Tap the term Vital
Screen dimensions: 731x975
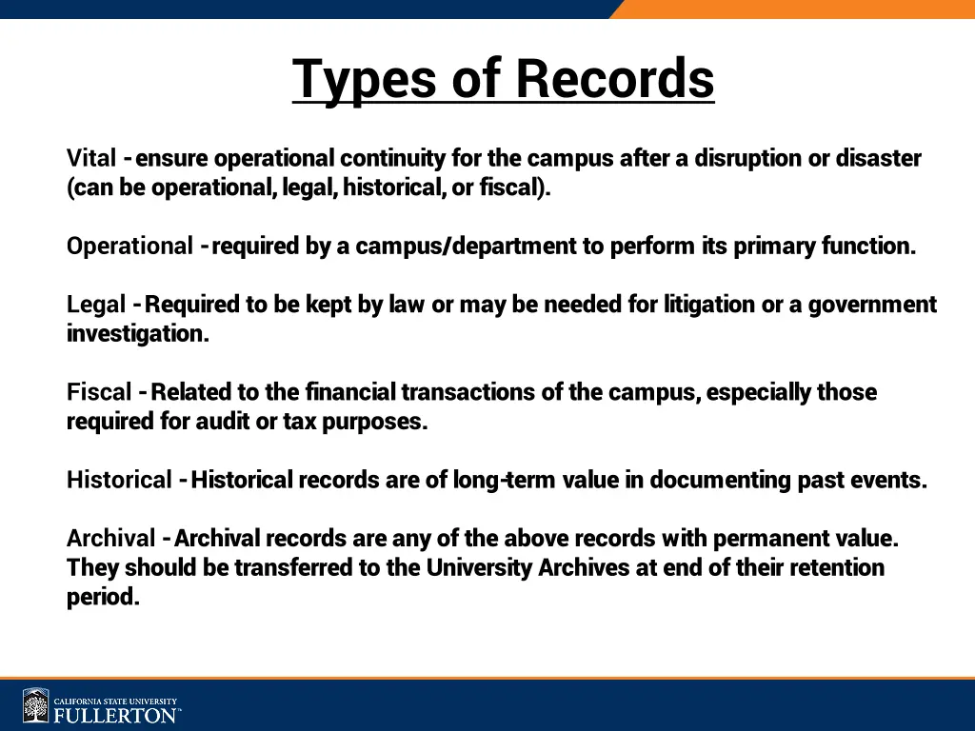(x=91, y=158)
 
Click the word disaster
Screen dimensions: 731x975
(x=878, y=158)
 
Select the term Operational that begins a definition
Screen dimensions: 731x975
(x=129, y=247)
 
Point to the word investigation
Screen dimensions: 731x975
(x=137, y=334)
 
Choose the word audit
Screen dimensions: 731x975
(x=223, y=422)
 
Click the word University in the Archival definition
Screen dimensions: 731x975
(x=480, y=568)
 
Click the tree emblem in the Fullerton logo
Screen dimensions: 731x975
(x=36, y=706)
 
